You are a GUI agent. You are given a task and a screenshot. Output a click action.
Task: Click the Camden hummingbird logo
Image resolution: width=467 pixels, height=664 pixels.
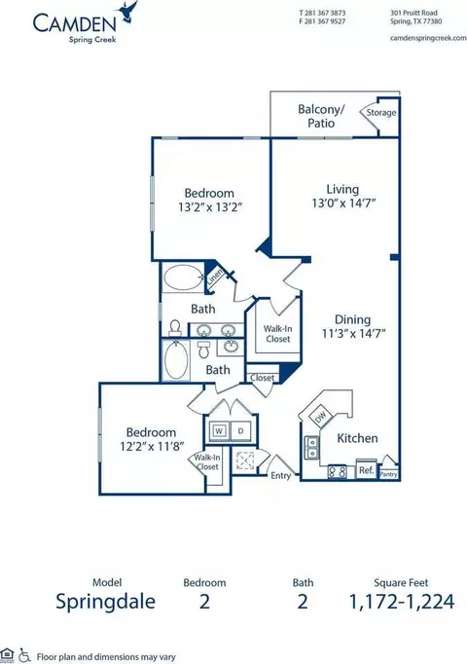click(128, 12)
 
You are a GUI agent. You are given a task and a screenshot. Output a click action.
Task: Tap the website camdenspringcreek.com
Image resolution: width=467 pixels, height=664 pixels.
click(428, 38)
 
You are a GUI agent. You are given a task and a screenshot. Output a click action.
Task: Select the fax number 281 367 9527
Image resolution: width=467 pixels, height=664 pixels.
click(324, 21)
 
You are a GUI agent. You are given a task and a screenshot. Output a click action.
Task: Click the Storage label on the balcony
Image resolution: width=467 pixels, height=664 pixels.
click(381, 113)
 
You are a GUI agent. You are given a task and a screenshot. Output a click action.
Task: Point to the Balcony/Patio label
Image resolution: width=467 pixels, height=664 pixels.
click(321, 116)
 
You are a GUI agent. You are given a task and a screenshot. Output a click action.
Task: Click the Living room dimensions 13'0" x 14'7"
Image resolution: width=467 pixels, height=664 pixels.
click(343, 203)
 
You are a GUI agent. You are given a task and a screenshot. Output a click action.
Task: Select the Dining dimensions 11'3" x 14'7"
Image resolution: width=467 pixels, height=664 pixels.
click(353, 334)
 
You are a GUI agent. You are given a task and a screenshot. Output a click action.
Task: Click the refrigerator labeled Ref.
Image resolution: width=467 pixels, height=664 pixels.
click(367, 469)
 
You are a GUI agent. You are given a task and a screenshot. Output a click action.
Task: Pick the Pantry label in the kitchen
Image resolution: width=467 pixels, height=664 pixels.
click(388, 474)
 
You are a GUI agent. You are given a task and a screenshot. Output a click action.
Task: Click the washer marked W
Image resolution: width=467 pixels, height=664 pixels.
click(219, 431)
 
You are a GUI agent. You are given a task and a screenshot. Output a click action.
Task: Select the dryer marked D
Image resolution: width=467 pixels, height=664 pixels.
click(241, 431)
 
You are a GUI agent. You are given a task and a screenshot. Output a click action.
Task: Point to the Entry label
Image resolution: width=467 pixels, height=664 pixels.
click(281, 475)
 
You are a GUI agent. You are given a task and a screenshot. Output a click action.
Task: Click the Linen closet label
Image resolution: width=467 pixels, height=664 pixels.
click(214, 277)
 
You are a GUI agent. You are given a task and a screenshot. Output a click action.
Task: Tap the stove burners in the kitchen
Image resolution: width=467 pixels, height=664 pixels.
click(338, 472)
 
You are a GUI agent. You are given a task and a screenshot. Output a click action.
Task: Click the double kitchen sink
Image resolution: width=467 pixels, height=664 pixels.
click(311, 448)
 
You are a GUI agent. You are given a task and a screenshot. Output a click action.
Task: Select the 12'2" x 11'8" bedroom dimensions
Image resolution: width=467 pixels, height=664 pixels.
click(152, 446)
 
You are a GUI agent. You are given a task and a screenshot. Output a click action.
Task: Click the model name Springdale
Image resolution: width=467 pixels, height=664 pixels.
click(106, 602)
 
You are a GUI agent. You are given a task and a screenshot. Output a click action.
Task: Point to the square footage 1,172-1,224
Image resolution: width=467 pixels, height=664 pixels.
click(402, 602)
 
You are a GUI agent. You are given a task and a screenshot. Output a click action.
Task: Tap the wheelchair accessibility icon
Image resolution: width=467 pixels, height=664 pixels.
click(25, 655)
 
